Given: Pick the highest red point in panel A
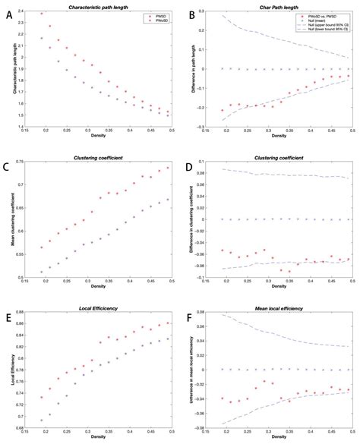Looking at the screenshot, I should pyautogui.click(x=43, y=13).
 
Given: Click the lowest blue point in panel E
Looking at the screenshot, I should pyautogui.click(x=43, y=420).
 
